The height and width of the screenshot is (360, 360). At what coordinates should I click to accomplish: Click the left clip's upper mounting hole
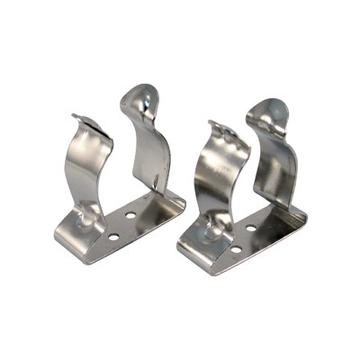tap(130, 216)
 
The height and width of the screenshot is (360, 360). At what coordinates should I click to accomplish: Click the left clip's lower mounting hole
tap(113, 237)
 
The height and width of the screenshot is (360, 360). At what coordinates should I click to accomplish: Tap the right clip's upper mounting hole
tap(252, 229)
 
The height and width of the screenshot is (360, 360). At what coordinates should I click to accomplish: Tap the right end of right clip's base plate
tap(303, 216)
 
